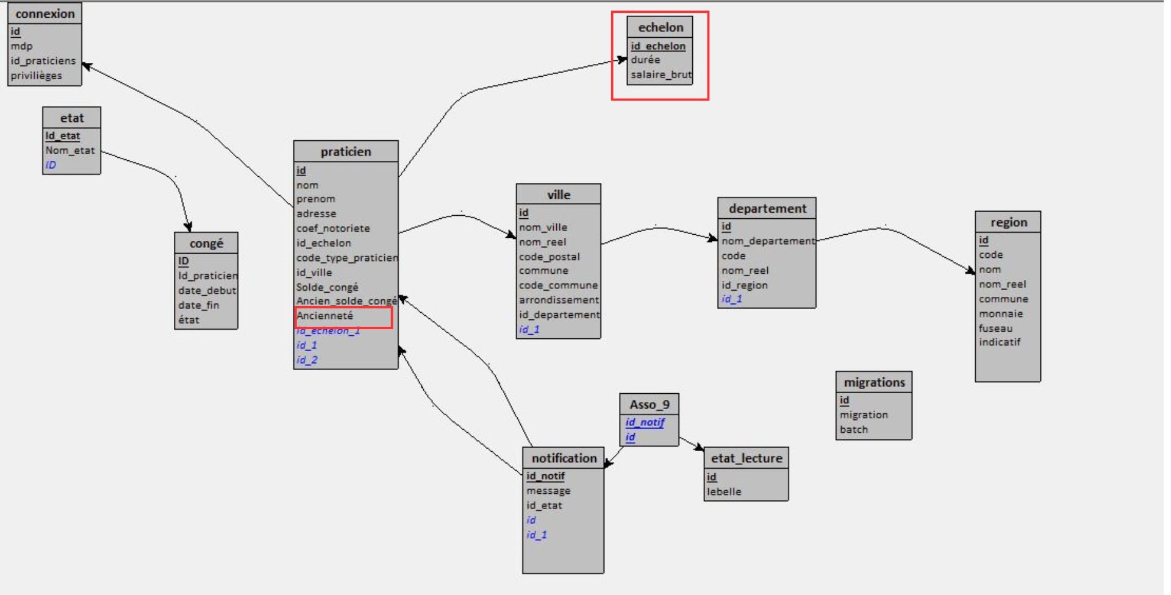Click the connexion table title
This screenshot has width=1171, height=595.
[45, 13]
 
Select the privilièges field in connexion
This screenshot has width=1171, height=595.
[36, 76]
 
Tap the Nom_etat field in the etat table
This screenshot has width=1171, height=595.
[70, 150]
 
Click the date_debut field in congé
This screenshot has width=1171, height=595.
[207, 290]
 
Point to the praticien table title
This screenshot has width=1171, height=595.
[346, 151]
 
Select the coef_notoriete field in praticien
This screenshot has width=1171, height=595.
[333, 228]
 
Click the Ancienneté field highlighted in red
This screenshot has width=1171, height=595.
[325, 316]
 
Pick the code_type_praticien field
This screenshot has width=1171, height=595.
[347, 257]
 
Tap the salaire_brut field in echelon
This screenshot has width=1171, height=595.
[661, 74]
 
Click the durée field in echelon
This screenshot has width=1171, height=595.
[645, 60]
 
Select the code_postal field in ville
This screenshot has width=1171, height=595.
[549, 257]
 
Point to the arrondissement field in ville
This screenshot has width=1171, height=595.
[559, 300]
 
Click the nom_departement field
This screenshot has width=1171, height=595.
[768, 241]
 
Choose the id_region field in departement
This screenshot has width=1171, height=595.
[744, 285]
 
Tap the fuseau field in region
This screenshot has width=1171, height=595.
[995, 328]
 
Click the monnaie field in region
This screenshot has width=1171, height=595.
[1001, 313]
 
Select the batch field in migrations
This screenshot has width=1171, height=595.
[853, 429]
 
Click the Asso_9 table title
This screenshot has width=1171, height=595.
[649, 404]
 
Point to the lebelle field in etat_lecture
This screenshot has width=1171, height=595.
[724, 491]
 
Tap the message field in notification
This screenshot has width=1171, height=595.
[548, 490]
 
